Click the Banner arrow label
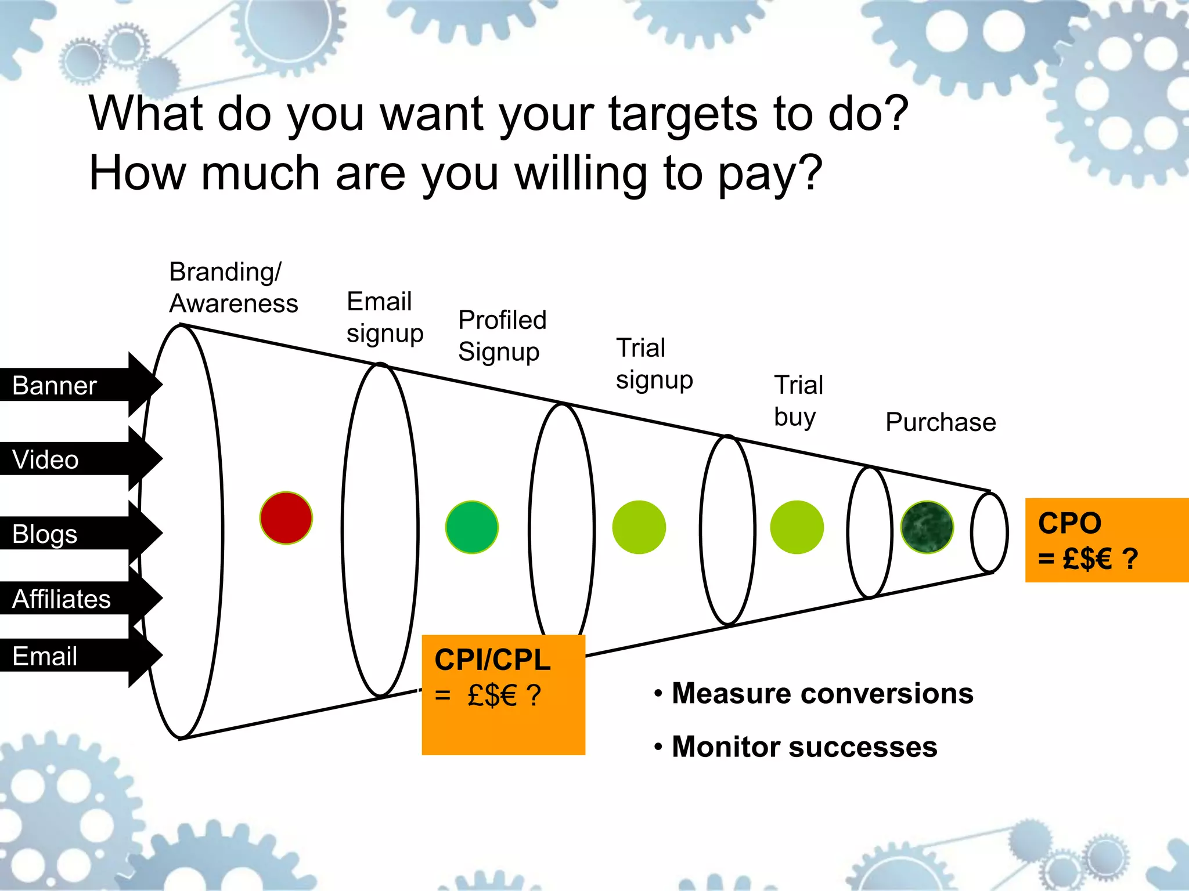point(55,386)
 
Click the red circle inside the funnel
point(286,518)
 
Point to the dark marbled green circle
point(927,527)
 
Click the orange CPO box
point(1106,540)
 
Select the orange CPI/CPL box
point(503,694)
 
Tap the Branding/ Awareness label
point(233,288)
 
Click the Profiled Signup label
point(502,335)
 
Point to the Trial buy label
point(798,400)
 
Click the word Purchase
point(941,422)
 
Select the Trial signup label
point(654,364)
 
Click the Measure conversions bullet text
point(822,693)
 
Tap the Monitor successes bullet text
point(804,747)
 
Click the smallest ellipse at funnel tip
point(989,533)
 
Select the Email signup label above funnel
point(384,317)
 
